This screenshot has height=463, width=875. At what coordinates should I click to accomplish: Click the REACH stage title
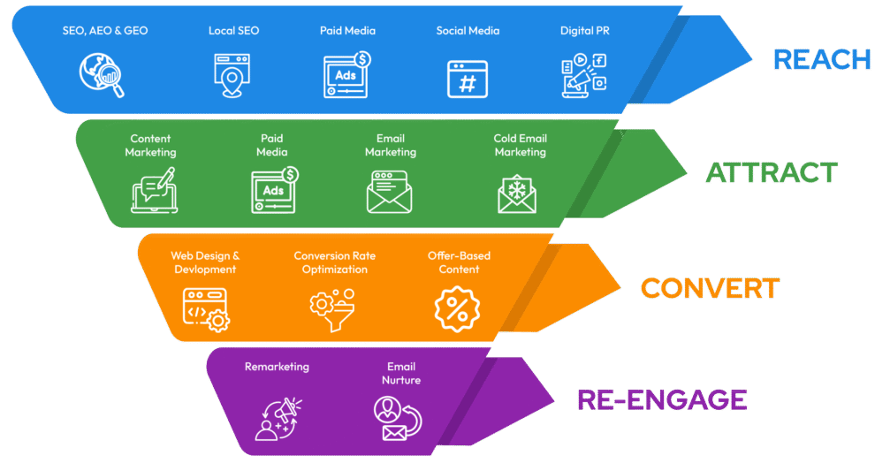(822, 59)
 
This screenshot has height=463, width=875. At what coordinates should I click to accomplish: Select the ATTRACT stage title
(772, 172)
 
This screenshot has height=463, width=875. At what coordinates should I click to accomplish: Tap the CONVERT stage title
(710, 288)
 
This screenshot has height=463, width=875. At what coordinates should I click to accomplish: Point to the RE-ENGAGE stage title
(662, 399)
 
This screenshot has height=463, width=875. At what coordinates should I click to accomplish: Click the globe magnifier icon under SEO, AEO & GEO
(102, 74)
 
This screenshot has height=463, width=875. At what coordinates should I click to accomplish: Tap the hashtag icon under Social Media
(468, 79)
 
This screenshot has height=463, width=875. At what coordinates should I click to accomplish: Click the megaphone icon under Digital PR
(584, 75)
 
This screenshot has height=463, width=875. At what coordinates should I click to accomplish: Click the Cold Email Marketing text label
(520, 145)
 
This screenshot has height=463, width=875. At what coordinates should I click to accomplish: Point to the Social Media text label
(468, 31)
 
